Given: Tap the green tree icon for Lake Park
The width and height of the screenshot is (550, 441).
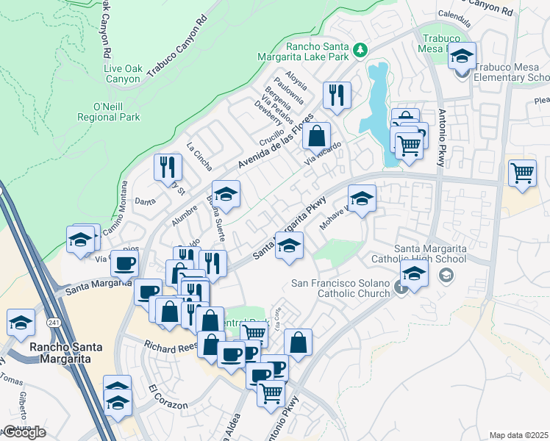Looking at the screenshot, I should (x=360, y=50).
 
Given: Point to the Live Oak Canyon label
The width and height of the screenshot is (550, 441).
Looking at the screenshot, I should (x=122, y=73).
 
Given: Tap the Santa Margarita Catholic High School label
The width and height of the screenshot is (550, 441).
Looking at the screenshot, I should (x=430, y=253).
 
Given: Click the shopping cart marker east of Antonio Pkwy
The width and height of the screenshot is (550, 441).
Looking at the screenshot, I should (x=522, y=173).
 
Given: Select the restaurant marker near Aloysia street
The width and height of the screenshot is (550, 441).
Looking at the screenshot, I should (x=337, y=95).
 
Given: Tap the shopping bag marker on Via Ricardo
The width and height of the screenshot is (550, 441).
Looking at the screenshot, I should (x=316, y=136).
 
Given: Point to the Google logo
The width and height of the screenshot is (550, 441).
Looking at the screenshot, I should (x=24, y=432).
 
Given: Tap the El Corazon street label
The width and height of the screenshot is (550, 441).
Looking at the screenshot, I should (x=168, y=397).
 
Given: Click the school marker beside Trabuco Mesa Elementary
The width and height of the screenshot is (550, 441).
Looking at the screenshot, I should (x=463, y=56).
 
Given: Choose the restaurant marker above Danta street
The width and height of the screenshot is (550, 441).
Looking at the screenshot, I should (x=168, y=167).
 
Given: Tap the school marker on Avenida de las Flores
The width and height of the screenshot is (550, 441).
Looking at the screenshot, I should (x=226, y=194).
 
